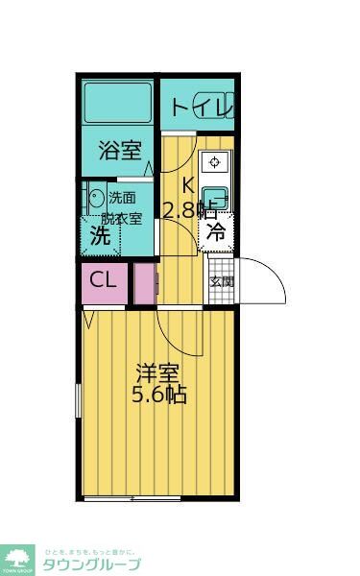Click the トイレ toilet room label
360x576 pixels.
tap(202, 107)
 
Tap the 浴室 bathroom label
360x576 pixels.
tap(121, 150)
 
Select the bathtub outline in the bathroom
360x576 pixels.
tap(119, 103)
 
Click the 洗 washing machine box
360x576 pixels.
tap(99, 233)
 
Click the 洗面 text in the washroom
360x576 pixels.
tap(122, 198)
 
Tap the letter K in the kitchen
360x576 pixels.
tap(188, 185)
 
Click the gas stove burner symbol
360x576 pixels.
tap(215, 162)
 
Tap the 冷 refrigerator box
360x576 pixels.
tap(217, 230)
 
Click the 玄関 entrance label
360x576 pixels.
tap(221, 281)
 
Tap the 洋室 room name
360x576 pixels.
tap(156, 372)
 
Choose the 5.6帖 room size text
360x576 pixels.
tap(158, 395)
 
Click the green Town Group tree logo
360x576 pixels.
tap(17, 558)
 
